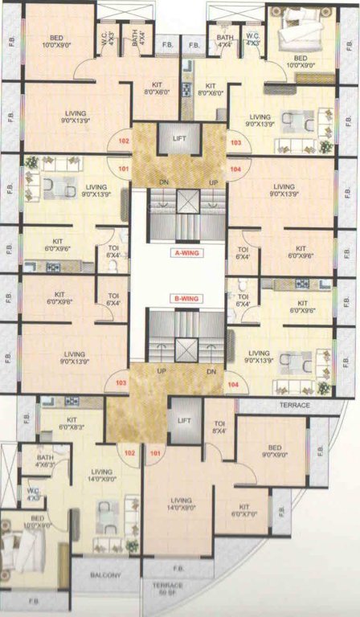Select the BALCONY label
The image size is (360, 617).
[x=105, y=574]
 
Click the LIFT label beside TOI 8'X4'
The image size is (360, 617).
[x=184, y=421]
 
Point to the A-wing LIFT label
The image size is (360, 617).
[x=180, y=139]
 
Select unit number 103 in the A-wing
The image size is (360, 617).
[x=235, y=142]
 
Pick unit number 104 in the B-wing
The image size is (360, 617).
[x=233, y=385]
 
